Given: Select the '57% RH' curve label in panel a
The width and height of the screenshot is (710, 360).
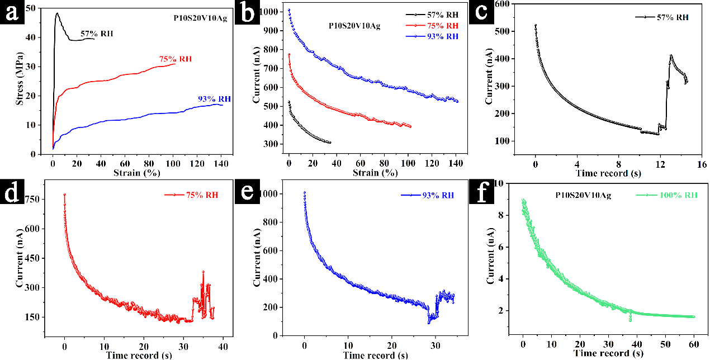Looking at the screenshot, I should coord(97,34).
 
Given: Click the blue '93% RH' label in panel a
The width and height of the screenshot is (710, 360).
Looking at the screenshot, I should coord(214,99).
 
